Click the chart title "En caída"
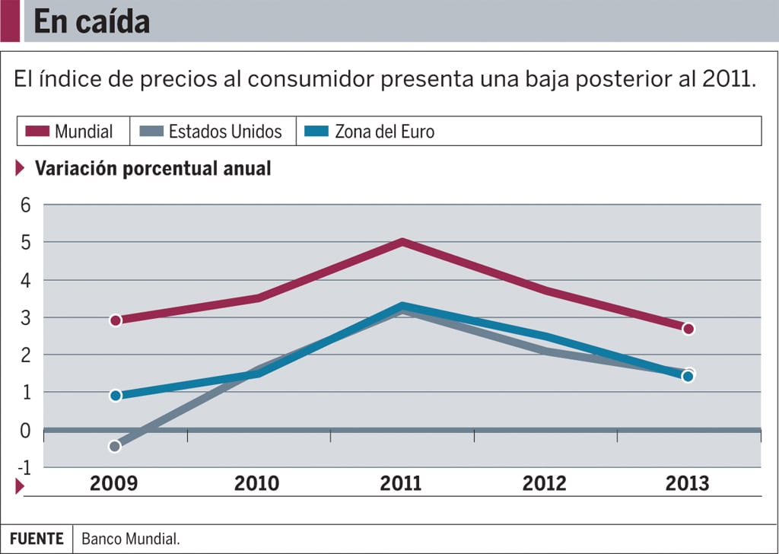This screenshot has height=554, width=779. point(92,22)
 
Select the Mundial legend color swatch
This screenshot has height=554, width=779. point(37,131)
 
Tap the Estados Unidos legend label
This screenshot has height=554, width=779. point(225,131)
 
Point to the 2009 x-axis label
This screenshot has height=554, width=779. point(114,483)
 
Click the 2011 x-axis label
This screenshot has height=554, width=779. point(401,483)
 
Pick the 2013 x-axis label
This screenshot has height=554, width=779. point(687,483)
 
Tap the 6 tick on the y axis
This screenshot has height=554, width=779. point(26,205)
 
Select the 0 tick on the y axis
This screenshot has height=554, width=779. point(26,430)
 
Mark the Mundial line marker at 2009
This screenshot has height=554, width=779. point(115,320)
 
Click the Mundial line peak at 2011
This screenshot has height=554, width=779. point(402,242)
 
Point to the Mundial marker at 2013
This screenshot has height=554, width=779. point(688,329)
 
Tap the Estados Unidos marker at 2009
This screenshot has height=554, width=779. point(115,446)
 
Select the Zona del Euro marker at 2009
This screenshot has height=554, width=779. point(115,396)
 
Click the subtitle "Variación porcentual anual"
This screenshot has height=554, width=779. point(153,168)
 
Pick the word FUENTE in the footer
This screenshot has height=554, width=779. point(37,539)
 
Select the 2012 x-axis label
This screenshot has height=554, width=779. point(545,483)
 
